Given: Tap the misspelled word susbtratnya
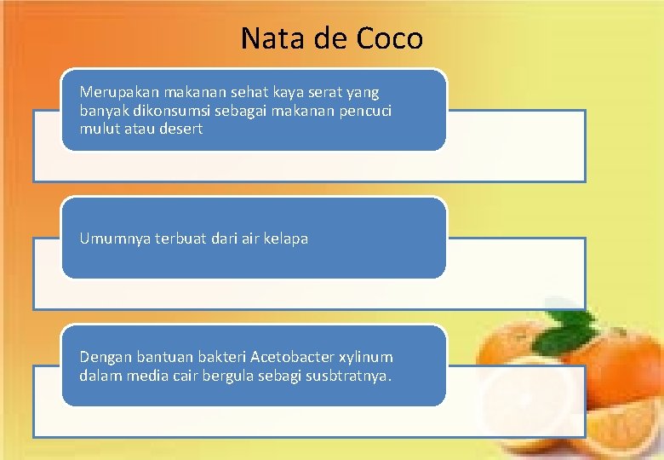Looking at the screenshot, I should pos(349,376).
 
